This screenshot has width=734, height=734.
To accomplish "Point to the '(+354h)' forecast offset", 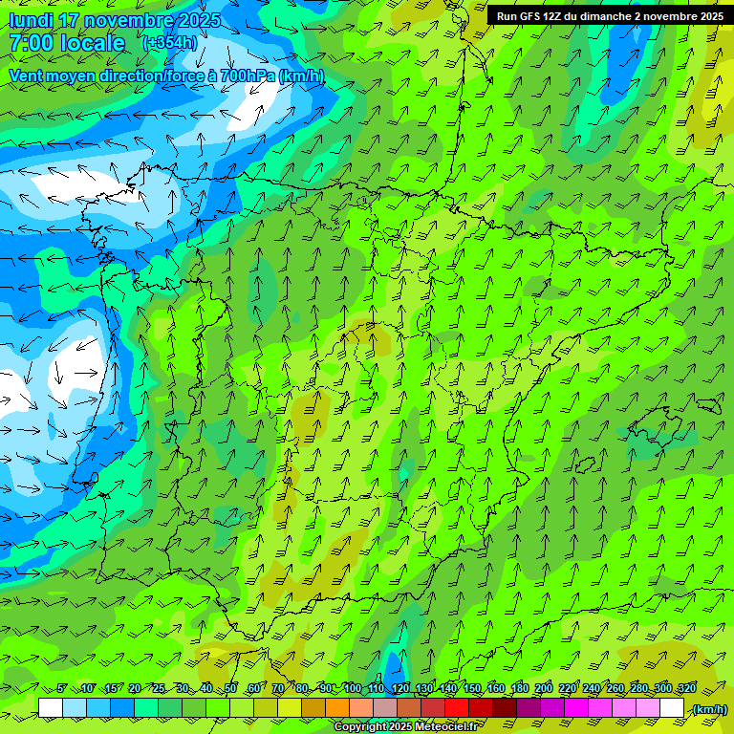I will (x=169, y=43).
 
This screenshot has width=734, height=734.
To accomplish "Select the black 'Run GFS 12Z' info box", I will (x=609, y=16).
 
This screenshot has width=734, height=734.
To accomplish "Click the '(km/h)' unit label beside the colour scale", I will (x=708, y=709).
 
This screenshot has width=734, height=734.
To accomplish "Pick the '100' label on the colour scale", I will (x=353, y=689).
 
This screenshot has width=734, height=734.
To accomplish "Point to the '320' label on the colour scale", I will (x=686, y=689).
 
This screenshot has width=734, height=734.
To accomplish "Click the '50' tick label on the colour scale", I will (x=230, y=689).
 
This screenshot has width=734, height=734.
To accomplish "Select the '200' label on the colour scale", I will (x=544, y=689).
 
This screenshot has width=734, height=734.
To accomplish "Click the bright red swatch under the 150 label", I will (x=457, y=708).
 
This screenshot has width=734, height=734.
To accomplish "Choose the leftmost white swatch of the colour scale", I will (x=51, y=708).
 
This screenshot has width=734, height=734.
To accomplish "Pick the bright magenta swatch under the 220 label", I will (x=576, y=708).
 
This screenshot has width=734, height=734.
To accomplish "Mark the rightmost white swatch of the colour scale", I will (x=672, y=708).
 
